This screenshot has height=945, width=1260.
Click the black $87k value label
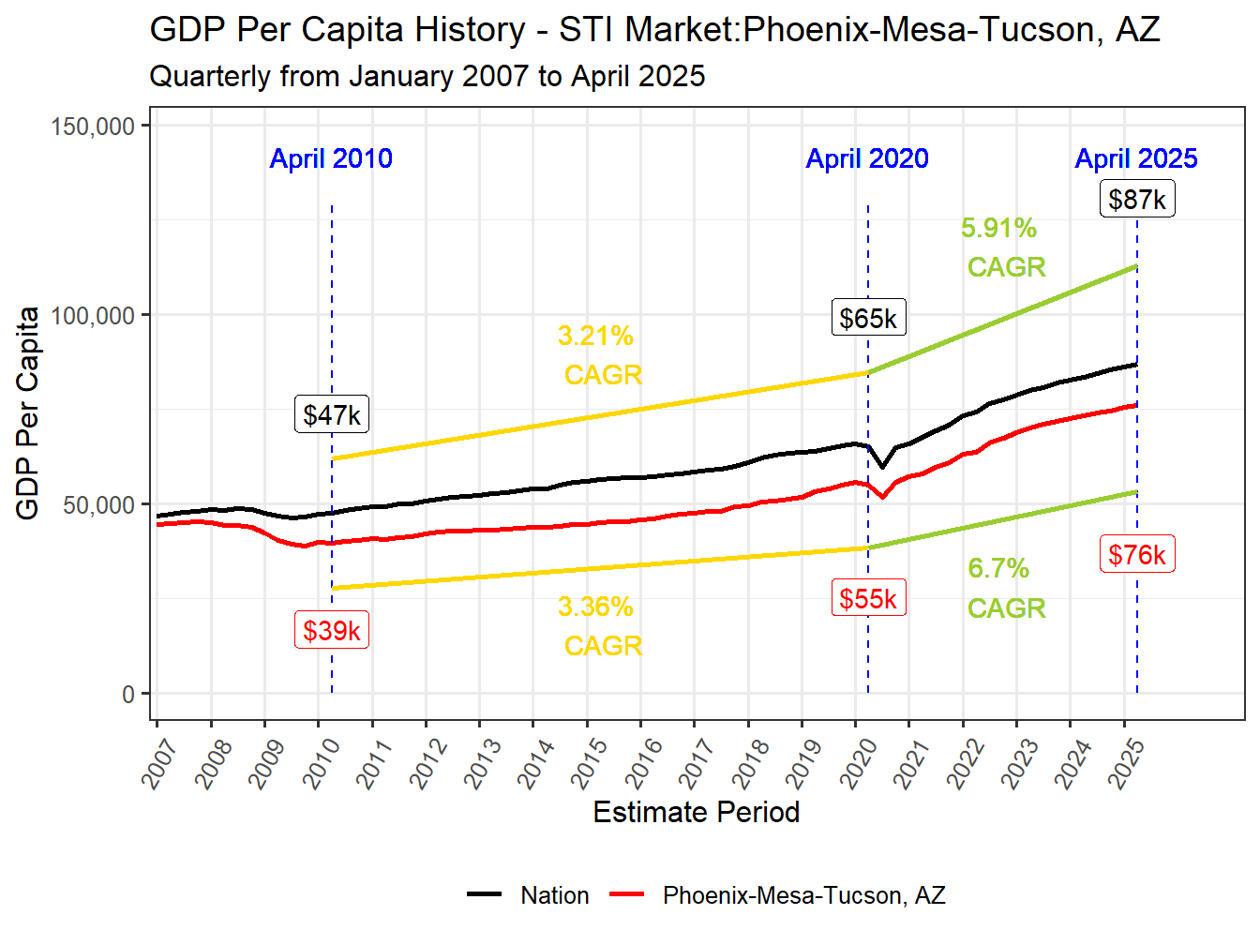(1137, 200)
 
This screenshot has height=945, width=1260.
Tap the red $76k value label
(1137, 555)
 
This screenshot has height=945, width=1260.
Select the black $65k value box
(868, 319)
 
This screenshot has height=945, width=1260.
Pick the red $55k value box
(868, 599)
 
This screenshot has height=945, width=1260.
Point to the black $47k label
(332, 414)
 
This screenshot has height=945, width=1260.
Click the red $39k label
(332, 631)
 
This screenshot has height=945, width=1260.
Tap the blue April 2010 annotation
(331, 158)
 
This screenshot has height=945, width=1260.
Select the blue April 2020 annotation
(867, 158)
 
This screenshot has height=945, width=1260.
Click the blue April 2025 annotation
(1136, 158)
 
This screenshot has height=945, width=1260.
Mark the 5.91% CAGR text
(1001, 247)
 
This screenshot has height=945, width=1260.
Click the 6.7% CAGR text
(1001, 588)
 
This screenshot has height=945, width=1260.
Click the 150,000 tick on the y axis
(94, 127)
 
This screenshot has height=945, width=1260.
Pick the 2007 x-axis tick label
(161, 761)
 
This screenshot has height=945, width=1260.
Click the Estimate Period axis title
(696, 812)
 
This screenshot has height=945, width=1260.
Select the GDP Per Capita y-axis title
(28, 412)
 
